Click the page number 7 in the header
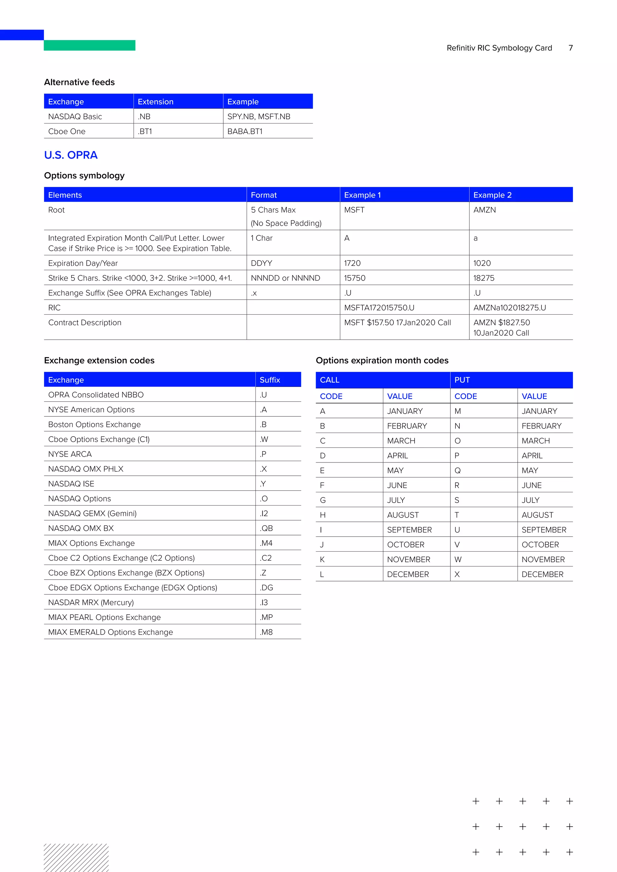[x=570, y=48]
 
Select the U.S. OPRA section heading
[x=71, y=155]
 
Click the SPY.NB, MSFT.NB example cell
[x=259, y=117]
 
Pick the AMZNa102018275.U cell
[x=509, y=308]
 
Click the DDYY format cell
[x=262, y=263]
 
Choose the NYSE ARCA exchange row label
[x=70, y=454]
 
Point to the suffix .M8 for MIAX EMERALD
[x=266, y=632]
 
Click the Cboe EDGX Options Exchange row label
[x=133, y=587]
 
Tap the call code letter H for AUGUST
[x=323, y=515]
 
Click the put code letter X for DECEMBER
[x=457, y=574]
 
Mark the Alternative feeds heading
[x=80, y=82]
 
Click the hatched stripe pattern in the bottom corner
[x=76, y=858]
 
